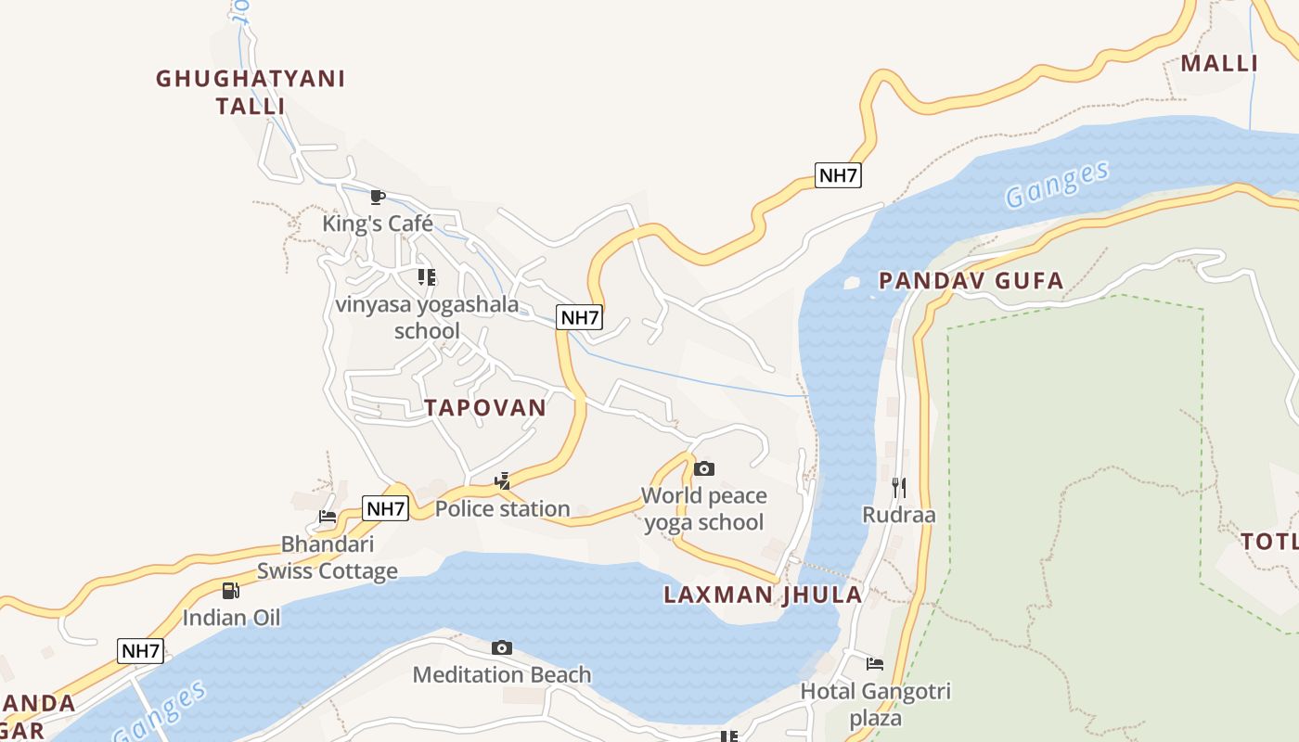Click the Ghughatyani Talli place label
tap(251, 92)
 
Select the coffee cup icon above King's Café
tap(377, 197)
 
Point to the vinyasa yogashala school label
tap(427, 317)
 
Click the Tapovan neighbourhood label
tap(485, 407)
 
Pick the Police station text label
tap(503, 508)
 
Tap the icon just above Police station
tap(503, 480)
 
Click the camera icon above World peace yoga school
tap(704, 468)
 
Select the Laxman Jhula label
tap(763, 595)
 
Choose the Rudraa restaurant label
tap(899, 515)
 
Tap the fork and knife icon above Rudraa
tap(898, 487)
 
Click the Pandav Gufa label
tap(971, 281)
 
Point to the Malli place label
tap(1219, 63)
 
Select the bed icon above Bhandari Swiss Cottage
tap(328, 517)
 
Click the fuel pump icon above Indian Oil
tap(230, 590)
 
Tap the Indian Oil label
tap(231, 618)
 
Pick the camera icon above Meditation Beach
tap(502, 647)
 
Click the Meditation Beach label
tap(502, 674)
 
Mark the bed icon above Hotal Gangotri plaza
tap(875, 663)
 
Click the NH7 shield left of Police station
tap(385, 508)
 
